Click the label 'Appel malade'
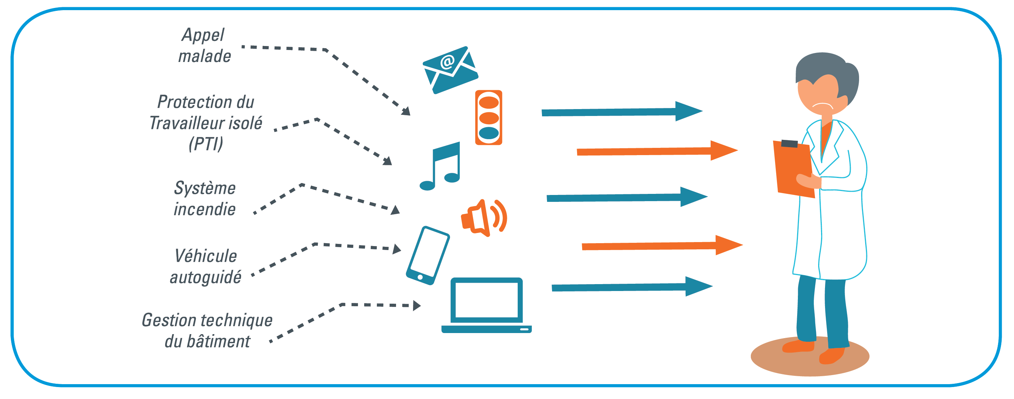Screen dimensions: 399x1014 point(204,45)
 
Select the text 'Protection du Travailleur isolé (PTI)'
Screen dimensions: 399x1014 point(206,122)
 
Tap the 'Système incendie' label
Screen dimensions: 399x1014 point(205,198)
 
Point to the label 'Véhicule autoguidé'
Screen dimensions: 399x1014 point(206,266)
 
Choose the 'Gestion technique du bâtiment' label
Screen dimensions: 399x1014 point(207,330)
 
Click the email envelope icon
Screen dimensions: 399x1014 point(450,70)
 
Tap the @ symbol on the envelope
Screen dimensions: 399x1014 point(447,62)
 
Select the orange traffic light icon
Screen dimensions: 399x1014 point(488,117)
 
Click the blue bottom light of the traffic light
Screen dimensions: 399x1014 point(488,133)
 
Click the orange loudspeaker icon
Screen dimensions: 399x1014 point(483,217)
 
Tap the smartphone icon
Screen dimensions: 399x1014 point(428,255)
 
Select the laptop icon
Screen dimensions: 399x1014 point(487,305)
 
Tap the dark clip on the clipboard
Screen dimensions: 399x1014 point(789,144)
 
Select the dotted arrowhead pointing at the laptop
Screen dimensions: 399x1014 point(417,305)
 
